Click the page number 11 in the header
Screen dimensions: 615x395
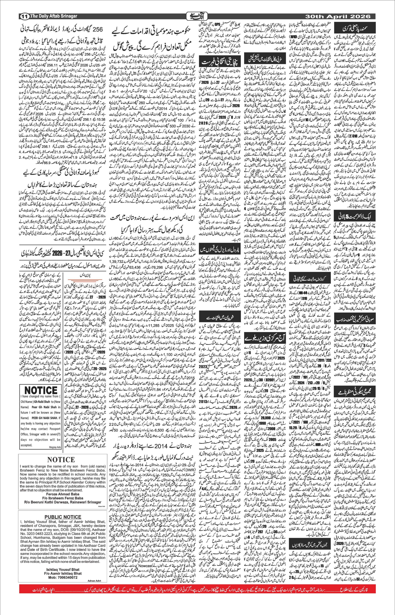(24, 16)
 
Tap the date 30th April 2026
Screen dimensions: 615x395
(338, 16)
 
